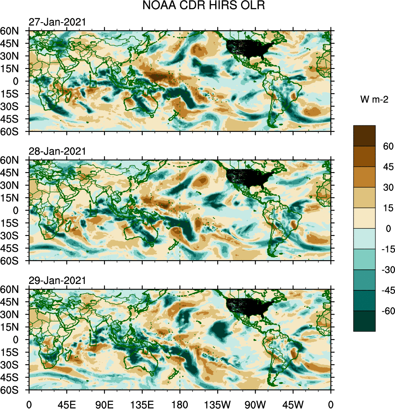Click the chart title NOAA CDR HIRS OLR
pos(197,6)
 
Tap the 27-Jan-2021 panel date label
pos(57,22)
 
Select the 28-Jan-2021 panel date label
pos(57,151)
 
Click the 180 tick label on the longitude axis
pos(180,403)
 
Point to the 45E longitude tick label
pos(67,403)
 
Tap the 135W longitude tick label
pos(218,403)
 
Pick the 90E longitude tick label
pos(104,403)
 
